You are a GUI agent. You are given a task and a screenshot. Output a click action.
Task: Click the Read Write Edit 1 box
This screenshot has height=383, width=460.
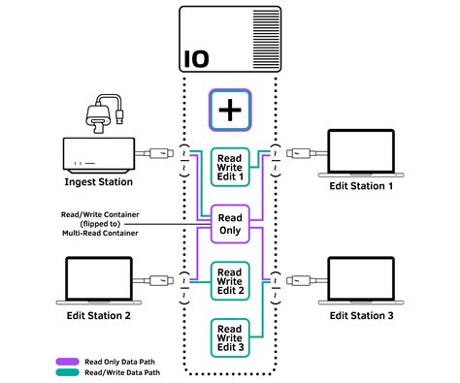230,167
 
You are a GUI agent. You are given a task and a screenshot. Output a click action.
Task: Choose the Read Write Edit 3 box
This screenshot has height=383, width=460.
230,336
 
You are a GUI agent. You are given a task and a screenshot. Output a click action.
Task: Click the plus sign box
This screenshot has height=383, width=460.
230,110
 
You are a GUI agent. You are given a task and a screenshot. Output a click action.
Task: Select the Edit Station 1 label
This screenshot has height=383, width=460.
361,187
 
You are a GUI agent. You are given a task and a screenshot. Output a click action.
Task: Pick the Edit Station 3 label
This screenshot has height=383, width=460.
361,316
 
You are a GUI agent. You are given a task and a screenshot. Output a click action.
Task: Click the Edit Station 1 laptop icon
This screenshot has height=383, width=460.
361,152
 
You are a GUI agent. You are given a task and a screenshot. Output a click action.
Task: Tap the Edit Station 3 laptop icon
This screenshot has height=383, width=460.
361,282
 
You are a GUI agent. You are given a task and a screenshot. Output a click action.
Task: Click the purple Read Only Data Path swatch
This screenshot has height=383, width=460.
66,359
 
